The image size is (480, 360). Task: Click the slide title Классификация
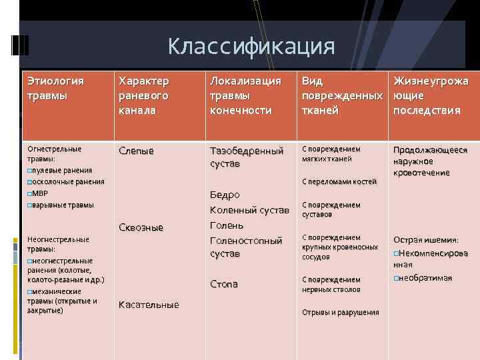(251, 47)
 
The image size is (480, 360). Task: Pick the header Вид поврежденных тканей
(342, 95)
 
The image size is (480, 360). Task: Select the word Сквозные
(140, 227)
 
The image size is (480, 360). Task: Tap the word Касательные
(148, 305)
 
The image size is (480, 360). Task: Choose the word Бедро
(224, 195)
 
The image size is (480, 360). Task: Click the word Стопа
(223, 284)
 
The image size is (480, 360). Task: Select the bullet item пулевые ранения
(61, 170)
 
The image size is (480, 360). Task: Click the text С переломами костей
(339, 181)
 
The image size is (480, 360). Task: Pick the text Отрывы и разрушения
(340, 312)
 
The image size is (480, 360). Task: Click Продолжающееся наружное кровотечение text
(430, 161)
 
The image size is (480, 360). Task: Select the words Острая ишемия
(425, 240)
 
